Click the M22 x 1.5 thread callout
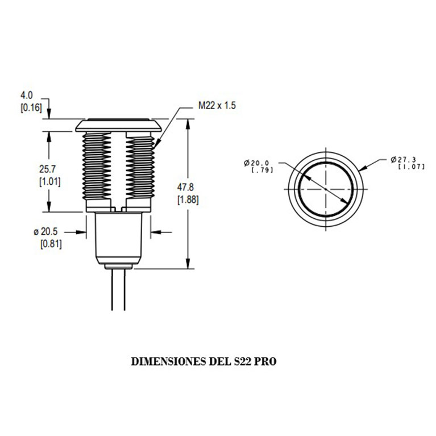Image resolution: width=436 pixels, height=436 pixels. pos(217,106)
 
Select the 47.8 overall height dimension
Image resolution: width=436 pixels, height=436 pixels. pos(185,187)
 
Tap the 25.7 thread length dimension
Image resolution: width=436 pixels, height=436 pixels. pos(47,169)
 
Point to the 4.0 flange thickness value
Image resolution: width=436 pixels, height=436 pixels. pos(27,95)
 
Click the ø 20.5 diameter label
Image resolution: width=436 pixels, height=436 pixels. pos(45,231)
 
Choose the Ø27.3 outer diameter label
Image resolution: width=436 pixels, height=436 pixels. pos(403,160)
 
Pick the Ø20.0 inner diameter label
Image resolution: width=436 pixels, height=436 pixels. pos(256,163)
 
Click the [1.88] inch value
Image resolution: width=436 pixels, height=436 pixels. pos(188,200)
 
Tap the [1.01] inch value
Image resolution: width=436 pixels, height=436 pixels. pos(50,182)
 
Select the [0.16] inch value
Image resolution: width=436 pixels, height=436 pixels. pos(31,108)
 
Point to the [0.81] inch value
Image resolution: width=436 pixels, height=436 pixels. pos(51,244)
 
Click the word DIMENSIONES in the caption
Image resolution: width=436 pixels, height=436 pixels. pos(168,362)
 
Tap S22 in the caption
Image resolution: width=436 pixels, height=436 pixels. pos(243,362)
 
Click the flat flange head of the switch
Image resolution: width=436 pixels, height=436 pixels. pos(118,126)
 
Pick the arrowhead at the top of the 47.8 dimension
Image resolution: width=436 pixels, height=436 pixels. pos(188,124)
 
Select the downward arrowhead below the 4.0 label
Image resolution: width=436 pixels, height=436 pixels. pos(49,114)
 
